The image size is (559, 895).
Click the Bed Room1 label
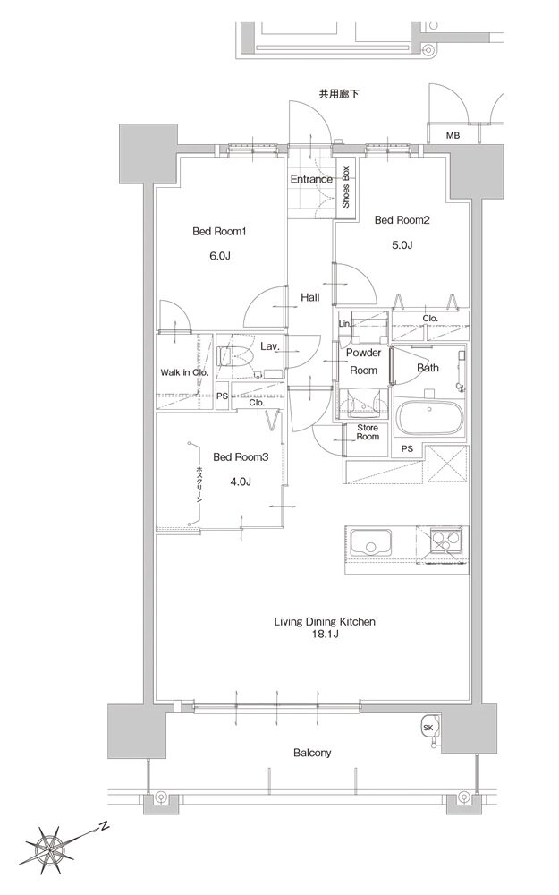(218, 232)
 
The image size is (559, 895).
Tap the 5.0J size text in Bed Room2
(402, 245)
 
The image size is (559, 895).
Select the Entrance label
(311, 179)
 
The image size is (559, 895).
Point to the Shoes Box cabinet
(345, 188)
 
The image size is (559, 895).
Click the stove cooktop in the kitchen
(446, 542)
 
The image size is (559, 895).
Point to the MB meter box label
(453, 136)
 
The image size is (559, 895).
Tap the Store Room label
(368, 432)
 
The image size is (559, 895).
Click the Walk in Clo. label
(184, 372)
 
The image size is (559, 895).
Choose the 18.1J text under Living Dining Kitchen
(326, 635)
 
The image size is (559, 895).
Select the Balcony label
(312, 753)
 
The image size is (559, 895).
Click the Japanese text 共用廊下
(339, 94)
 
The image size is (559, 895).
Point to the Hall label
(310, 297)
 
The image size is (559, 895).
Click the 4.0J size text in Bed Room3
(241, 482)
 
